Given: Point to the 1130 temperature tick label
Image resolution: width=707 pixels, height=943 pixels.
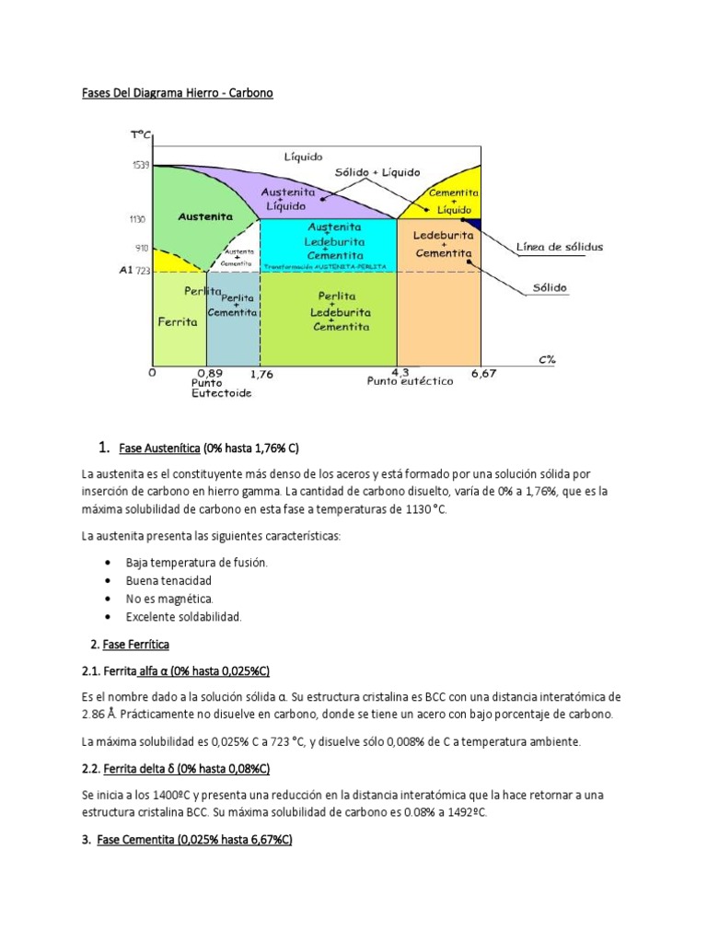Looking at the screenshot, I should pyautogui.click(x=137, y=219).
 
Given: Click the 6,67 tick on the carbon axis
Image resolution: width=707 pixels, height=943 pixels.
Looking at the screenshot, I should pyautogui.click(x=483, y=372).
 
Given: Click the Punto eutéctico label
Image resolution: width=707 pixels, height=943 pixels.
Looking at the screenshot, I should pyautogui.click(x=410, y=381).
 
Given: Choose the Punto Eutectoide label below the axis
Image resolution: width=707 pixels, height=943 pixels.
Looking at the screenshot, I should pyautogui.click(x=221, y=387).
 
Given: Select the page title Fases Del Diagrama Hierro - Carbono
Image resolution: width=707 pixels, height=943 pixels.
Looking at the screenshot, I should pyautogui.click(x=174, y=93).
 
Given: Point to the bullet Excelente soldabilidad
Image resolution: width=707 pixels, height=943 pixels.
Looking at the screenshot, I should pyautogui.click(x=184, y=617).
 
